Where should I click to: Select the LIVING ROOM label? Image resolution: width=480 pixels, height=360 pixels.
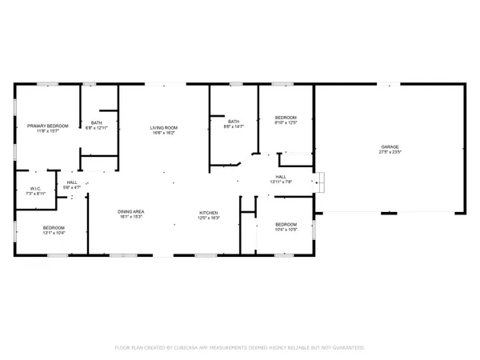[x=163, y=128]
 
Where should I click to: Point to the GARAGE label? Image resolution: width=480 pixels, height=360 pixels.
[x=391, y=146]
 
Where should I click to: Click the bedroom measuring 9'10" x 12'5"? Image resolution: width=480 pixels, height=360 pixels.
[x=285, y=117]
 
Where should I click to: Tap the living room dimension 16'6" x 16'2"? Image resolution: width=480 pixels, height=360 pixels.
[x=163, y=133]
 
